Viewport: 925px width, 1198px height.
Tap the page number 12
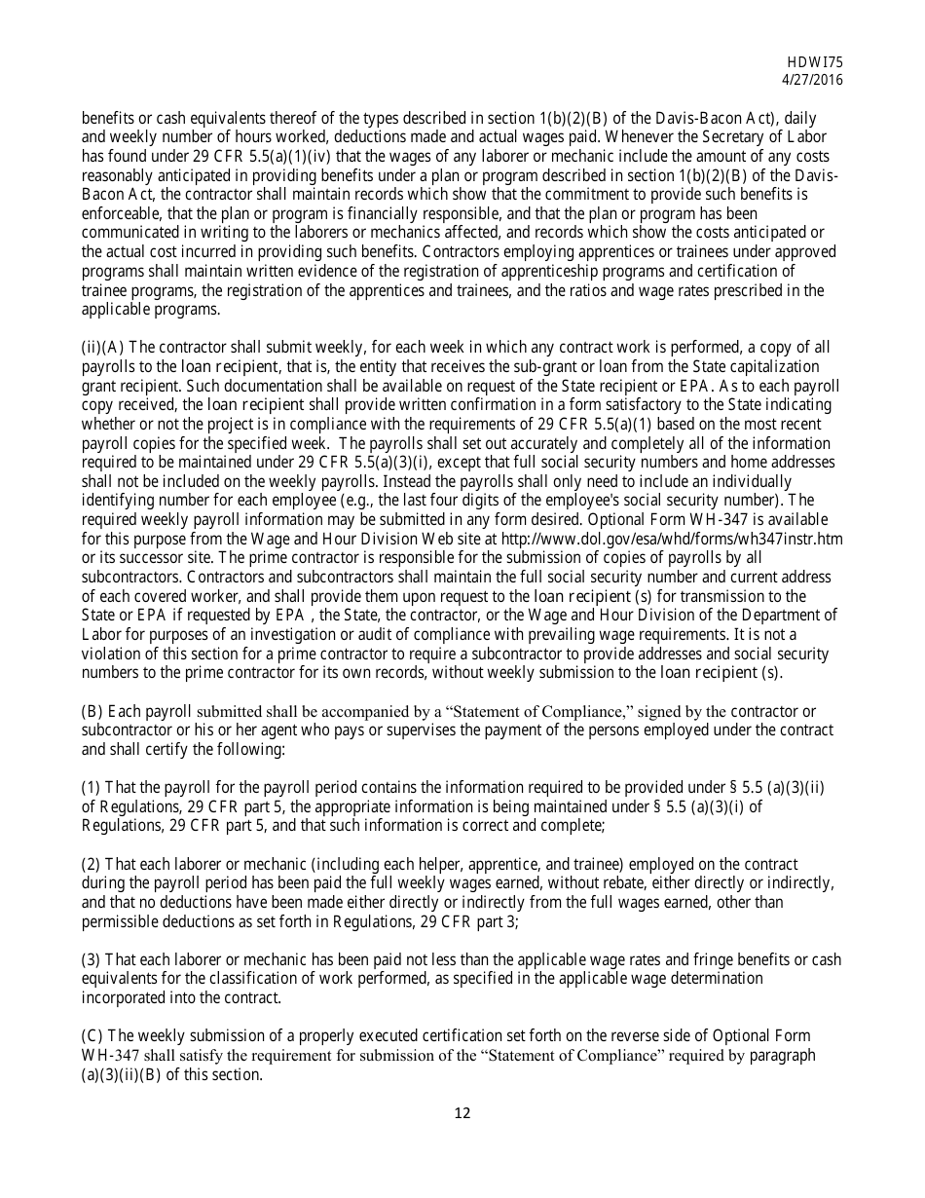tap(462, 1113)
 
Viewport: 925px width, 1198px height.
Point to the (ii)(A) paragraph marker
tap(103, 348)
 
